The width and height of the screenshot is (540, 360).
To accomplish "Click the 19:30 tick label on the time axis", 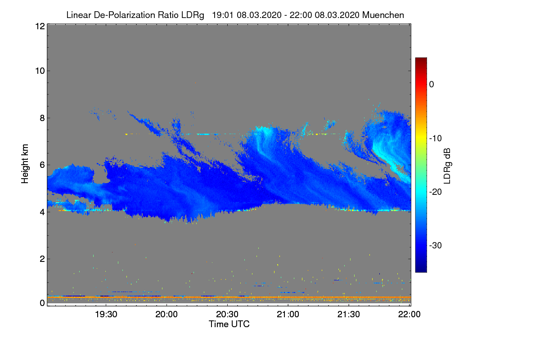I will pyautogui.click(x=106, y=315).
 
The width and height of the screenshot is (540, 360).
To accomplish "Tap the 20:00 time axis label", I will pyautogui.click(x=166, y=315).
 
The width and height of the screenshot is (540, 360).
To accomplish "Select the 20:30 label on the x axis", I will pyautogui.click(x=227, y=315).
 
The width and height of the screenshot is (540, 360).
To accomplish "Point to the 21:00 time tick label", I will pyautogui.click(x=288, y=315).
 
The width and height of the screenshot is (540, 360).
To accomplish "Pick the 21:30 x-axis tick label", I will pyautogui.click(x=349, y=315).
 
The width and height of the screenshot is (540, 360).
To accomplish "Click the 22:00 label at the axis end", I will pyautogui.click(x=409, y=315).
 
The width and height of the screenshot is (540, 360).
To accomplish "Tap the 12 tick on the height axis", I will pyautogui.click(x=39, y=27).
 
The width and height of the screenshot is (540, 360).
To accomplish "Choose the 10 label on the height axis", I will pyautogui.click(x=39, y=71).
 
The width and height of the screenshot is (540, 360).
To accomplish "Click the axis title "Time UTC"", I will pyautogui.click(x=229, y=324).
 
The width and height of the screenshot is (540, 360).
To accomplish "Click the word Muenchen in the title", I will pyautogui.click(x=383, y=15).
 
